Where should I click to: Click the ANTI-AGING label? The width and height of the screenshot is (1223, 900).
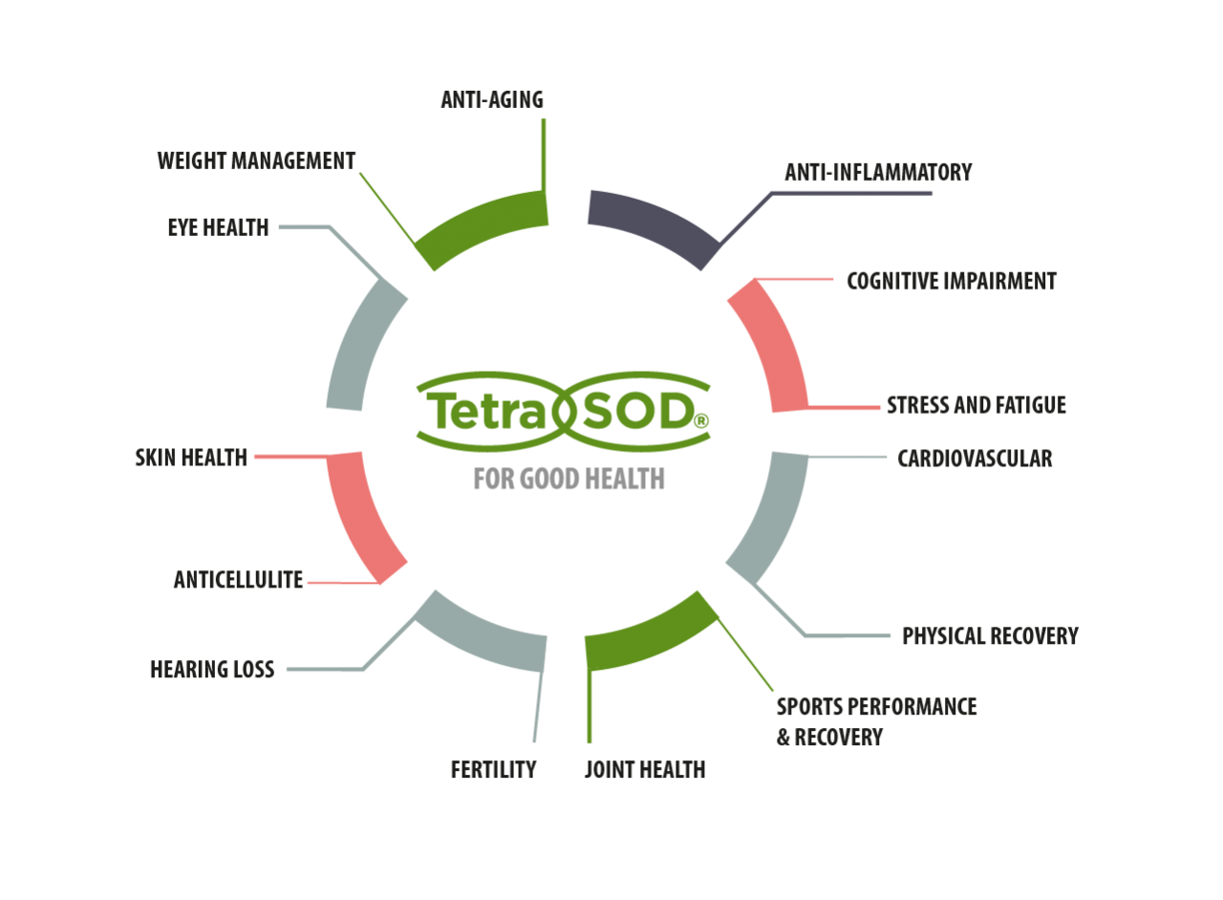point(492,99)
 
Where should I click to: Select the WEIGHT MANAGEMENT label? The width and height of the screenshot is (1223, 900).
point(256,161)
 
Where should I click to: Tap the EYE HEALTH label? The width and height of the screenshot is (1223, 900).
point(218,227)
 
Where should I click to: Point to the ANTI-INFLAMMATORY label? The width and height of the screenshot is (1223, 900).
point(878,172)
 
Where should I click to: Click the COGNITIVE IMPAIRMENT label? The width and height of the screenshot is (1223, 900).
point(952,281)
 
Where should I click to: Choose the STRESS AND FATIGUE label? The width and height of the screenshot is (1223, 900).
point(976,405)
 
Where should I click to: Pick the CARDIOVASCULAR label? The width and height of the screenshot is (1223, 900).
point(975,459)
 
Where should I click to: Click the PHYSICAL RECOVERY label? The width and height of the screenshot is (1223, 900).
point(990,636)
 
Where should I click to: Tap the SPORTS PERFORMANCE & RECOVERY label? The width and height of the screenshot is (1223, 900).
point(875,722)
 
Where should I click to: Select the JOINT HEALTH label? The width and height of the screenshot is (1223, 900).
point(645,770)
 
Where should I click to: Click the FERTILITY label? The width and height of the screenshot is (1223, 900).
point(493,770)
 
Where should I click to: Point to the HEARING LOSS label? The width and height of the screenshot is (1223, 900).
point(212,670)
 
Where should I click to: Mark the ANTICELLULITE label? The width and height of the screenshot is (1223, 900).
point(238,580)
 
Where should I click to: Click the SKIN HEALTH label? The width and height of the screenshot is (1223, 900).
point(190,458)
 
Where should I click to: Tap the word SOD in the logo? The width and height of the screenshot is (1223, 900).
point(634,412)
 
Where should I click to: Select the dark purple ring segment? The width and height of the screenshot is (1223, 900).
point(653,223)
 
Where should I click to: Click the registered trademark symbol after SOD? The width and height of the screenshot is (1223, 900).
point(701,421)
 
